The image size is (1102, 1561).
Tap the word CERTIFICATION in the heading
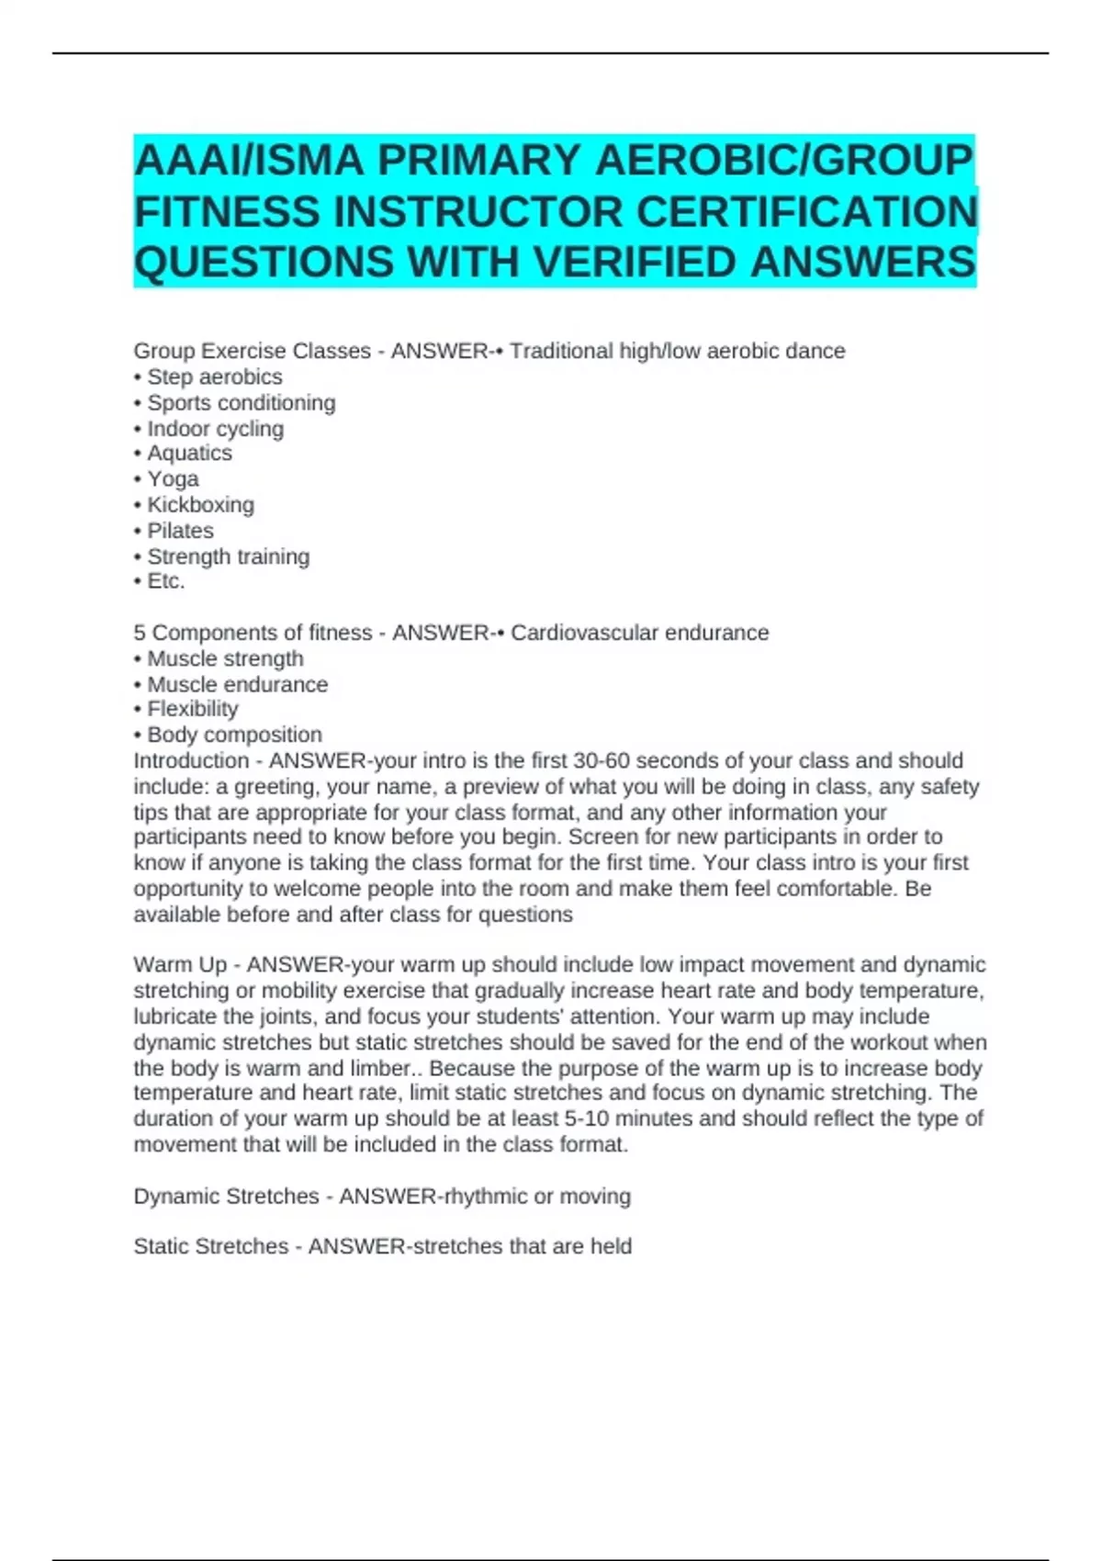click(x=806, y=212)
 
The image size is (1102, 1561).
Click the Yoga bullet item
click(x=173, y=479)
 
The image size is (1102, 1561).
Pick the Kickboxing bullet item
click(x=200, y=505)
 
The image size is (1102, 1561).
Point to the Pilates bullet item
click(x=180, y=531)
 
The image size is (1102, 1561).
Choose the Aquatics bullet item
click(x=189, y=454)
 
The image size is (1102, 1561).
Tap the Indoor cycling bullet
click(x=215, y=429)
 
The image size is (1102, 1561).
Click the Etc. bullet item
click(x=165, y=581)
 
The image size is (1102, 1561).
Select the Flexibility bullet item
click(x=192, y=709)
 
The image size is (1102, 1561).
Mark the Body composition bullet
click(x=234, y=735)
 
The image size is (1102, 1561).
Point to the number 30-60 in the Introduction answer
click(x=601, y=761)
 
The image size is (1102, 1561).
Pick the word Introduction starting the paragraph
click(x=191, y=761)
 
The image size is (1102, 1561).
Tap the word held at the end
click(x=611, y=1247)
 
